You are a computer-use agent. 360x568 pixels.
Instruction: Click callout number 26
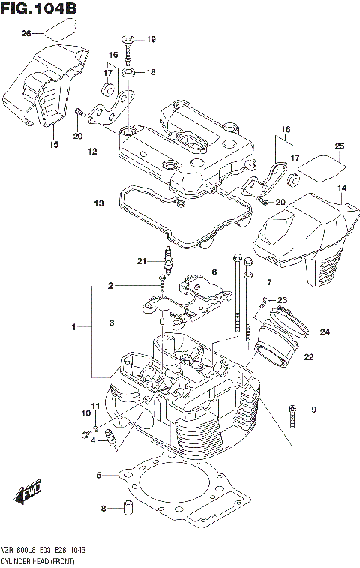(x=26, y=34)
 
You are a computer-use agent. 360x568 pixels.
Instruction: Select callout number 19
(x=150, y=39)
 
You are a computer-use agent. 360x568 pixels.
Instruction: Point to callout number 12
(x=92, y=152)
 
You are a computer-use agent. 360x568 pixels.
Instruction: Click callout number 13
(x=98, y=203)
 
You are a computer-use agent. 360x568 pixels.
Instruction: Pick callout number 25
(x=339, y=146)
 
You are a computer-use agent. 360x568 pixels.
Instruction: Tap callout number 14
(x=341, y=188)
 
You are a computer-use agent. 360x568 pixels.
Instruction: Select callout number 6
(x=214, y=272)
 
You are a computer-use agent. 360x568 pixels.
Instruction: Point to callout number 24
(x=325, y=332)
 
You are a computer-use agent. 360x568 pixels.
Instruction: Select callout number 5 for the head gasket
(x=98, y=475)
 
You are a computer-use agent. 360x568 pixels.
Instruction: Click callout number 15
(x=53, y=144)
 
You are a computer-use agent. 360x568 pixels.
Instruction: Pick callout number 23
(x=282, y=300)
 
